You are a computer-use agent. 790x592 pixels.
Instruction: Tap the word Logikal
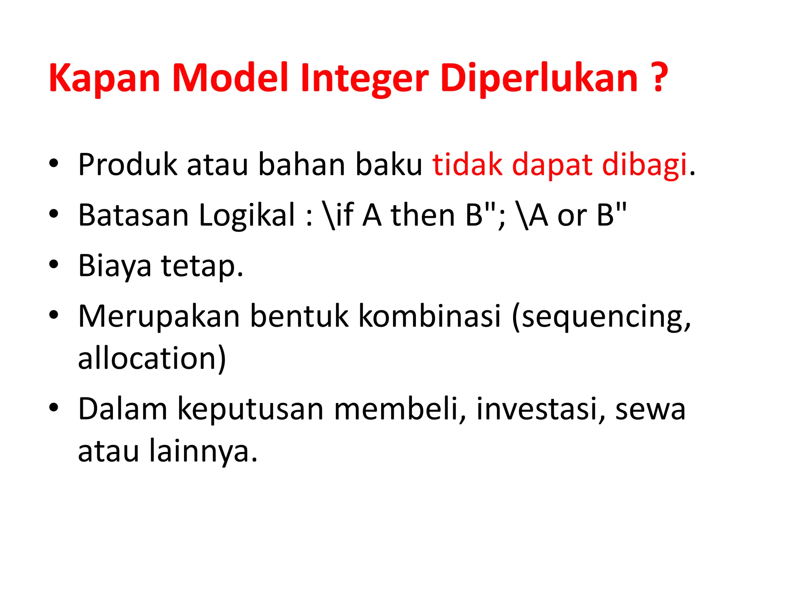coord(247,215)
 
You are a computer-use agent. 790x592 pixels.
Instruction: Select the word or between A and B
coord(572,215)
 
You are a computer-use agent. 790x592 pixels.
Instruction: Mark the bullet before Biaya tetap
coord(54,265)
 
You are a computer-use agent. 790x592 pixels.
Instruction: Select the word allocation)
coord(152,358)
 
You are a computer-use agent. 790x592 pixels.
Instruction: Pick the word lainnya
coord(203,451)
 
